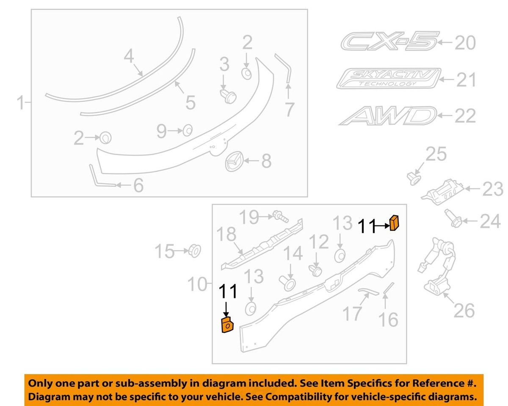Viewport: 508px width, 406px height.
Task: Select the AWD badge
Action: click(x=387, y=115)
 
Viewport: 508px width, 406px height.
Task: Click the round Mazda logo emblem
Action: click(x=235, y=161)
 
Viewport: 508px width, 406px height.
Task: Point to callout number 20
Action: click(x=465, y=43)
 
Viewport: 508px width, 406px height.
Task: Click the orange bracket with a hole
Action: click(x=227, y=325)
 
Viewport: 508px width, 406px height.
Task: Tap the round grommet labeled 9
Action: click(x=187, y=130)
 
